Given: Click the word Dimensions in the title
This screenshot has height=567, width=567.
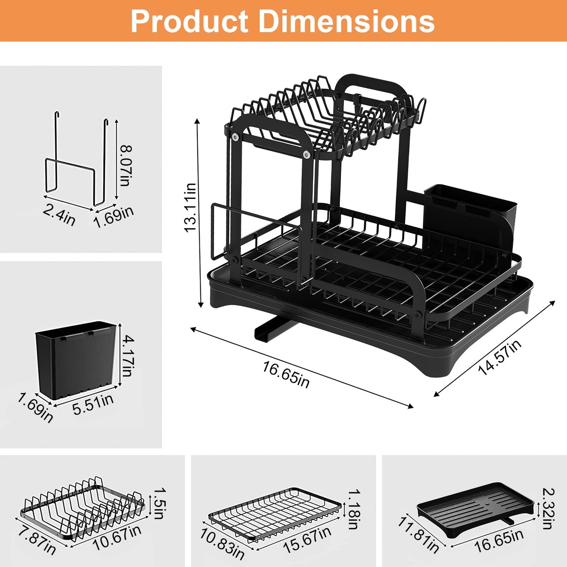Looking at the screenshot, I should [x=346, y=21].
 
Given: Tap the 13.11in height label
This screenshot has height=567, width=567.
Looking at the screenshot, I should [x=190, y=208].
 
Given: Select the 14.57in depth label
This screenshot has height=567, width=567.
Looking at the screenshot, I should [x=500, y=357].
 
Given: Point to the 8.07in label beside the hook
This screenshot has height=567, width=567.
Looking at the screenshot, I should [x=126, y=166].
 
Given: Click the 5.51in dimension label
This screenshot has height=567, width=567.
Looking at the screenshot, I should [x=93, y=404].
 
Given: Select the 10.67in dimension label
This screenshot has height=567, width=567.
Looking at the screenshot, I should [x=117, y=538].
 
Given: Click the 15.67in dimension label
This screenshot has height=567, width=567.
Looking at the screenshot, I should [x=307, y=540].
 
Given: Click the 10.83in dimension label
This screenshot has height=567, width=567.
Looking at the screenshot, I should [x=222, y=543].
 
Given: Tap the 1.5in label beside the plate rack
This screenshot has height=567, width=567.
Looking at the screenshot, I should [x=159, y=503].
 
